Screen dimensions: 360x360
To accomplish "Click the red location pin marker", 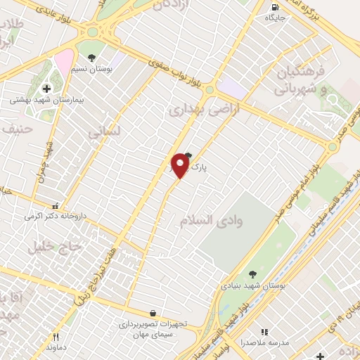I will tap(181, 165).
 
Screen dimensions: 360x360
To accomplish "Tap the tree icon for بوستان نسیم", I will tap(91, 56).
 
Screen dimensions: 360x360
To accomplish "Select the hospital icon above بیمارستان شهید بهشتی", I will tap(47, 89).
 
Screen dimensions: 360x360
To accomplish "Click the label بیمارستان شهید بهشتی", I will tap(47, 101).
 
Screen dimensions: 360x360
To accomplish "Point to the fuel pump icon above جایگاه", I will tap(274, 8).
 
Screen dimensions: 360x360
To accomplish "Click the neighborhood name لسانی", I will tap(105, 131).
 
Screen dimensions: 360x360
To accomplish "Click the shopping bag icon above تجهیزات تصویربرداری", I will tap(153, 314).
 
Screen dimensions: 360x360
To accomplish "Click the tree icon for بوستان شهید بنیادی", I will tap(252, 274).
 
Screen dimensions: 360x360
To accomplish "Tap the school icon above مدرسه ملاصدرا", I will tap(264, 332).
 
